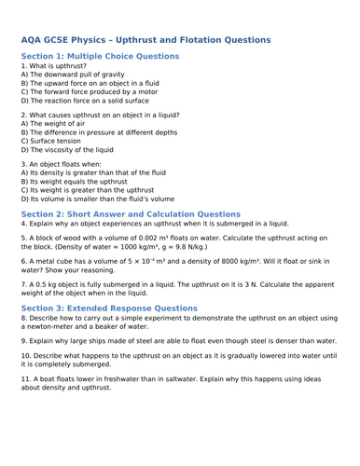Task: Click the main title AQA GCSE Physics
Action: [x=145, y=40]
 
